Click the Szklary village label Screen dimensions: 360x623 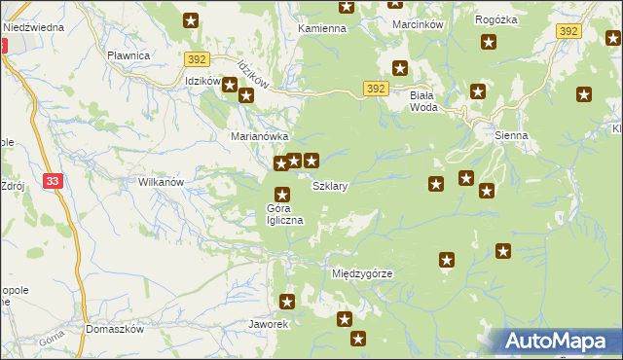coord(330,184)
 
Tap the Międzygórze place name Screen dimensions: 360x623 coord(361,273)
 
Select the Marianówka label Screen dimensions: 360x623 coord(258,137)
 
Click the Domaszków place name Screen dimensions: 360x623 coord(114,329)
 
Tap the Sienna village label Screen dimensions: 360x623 coord(510,136)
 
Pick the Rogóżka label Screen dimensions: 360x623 coord(495,19)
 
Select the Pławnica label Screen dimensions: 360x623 coord(128,55)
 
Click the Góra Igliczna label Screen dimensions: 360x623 coord(285,214)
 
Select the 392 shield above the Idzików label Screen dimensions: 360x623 coord(198,59)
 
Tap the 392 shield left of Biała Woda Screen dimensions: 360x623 coord(378,89)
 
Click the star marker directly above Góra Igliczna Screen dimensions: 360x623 coord(282,194)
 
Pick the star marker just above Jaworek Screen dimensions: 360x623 coord(287,302)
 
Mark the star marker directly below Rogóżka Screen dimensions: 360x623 coord(489,42)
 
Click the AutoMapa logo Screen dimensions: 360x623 coord(559,341)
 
